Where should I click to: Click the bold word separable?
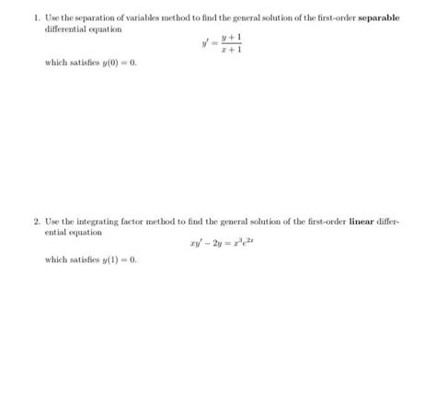379,17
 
